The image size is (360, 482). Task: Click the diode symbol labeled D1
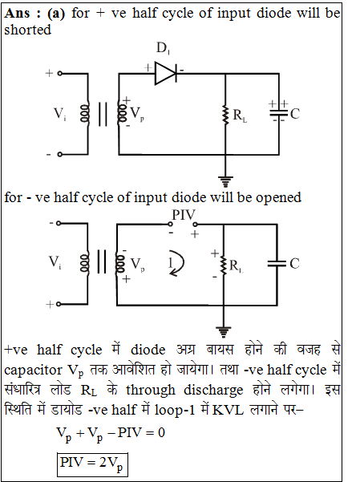[166, 73]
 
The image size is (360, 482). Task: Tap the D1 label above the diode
[163, 48]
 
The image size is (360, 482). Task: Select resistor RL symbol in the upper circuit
[226, 115]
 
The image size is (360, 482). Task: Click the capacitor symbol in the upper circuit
[279, 113]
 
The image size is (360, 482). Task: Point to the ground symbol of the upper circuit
[225, 181]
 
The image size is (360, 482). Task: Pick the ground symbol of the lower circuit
[224, 332]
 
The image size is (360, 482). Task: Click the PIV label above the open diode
[184, 215]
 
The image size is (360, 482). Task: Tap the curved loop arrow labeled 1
[177, 263]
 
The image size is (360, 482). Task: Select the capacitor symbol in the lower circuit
[277, 263]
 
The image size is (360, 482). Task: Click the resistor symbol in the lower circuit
[224, 265]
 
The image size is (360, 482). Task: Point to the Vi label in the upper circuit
[60, 114]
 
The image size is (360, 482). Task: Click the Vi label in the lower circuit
[55, 262]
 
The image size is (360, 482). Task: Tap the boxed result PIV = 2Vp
[92, 464]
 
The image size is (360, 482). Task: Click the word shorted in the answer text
[28, 30]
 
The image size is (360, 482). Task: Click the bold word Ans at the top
[18, 14]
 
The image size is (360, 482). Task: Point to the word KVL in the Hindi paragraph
[228, 410]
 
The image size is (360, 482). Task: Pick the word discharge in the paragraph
[213, 390]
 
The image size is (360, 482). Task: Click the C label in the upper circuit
[295, 114]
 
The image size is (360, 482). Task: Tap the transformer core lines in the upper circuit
[103, 115]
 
